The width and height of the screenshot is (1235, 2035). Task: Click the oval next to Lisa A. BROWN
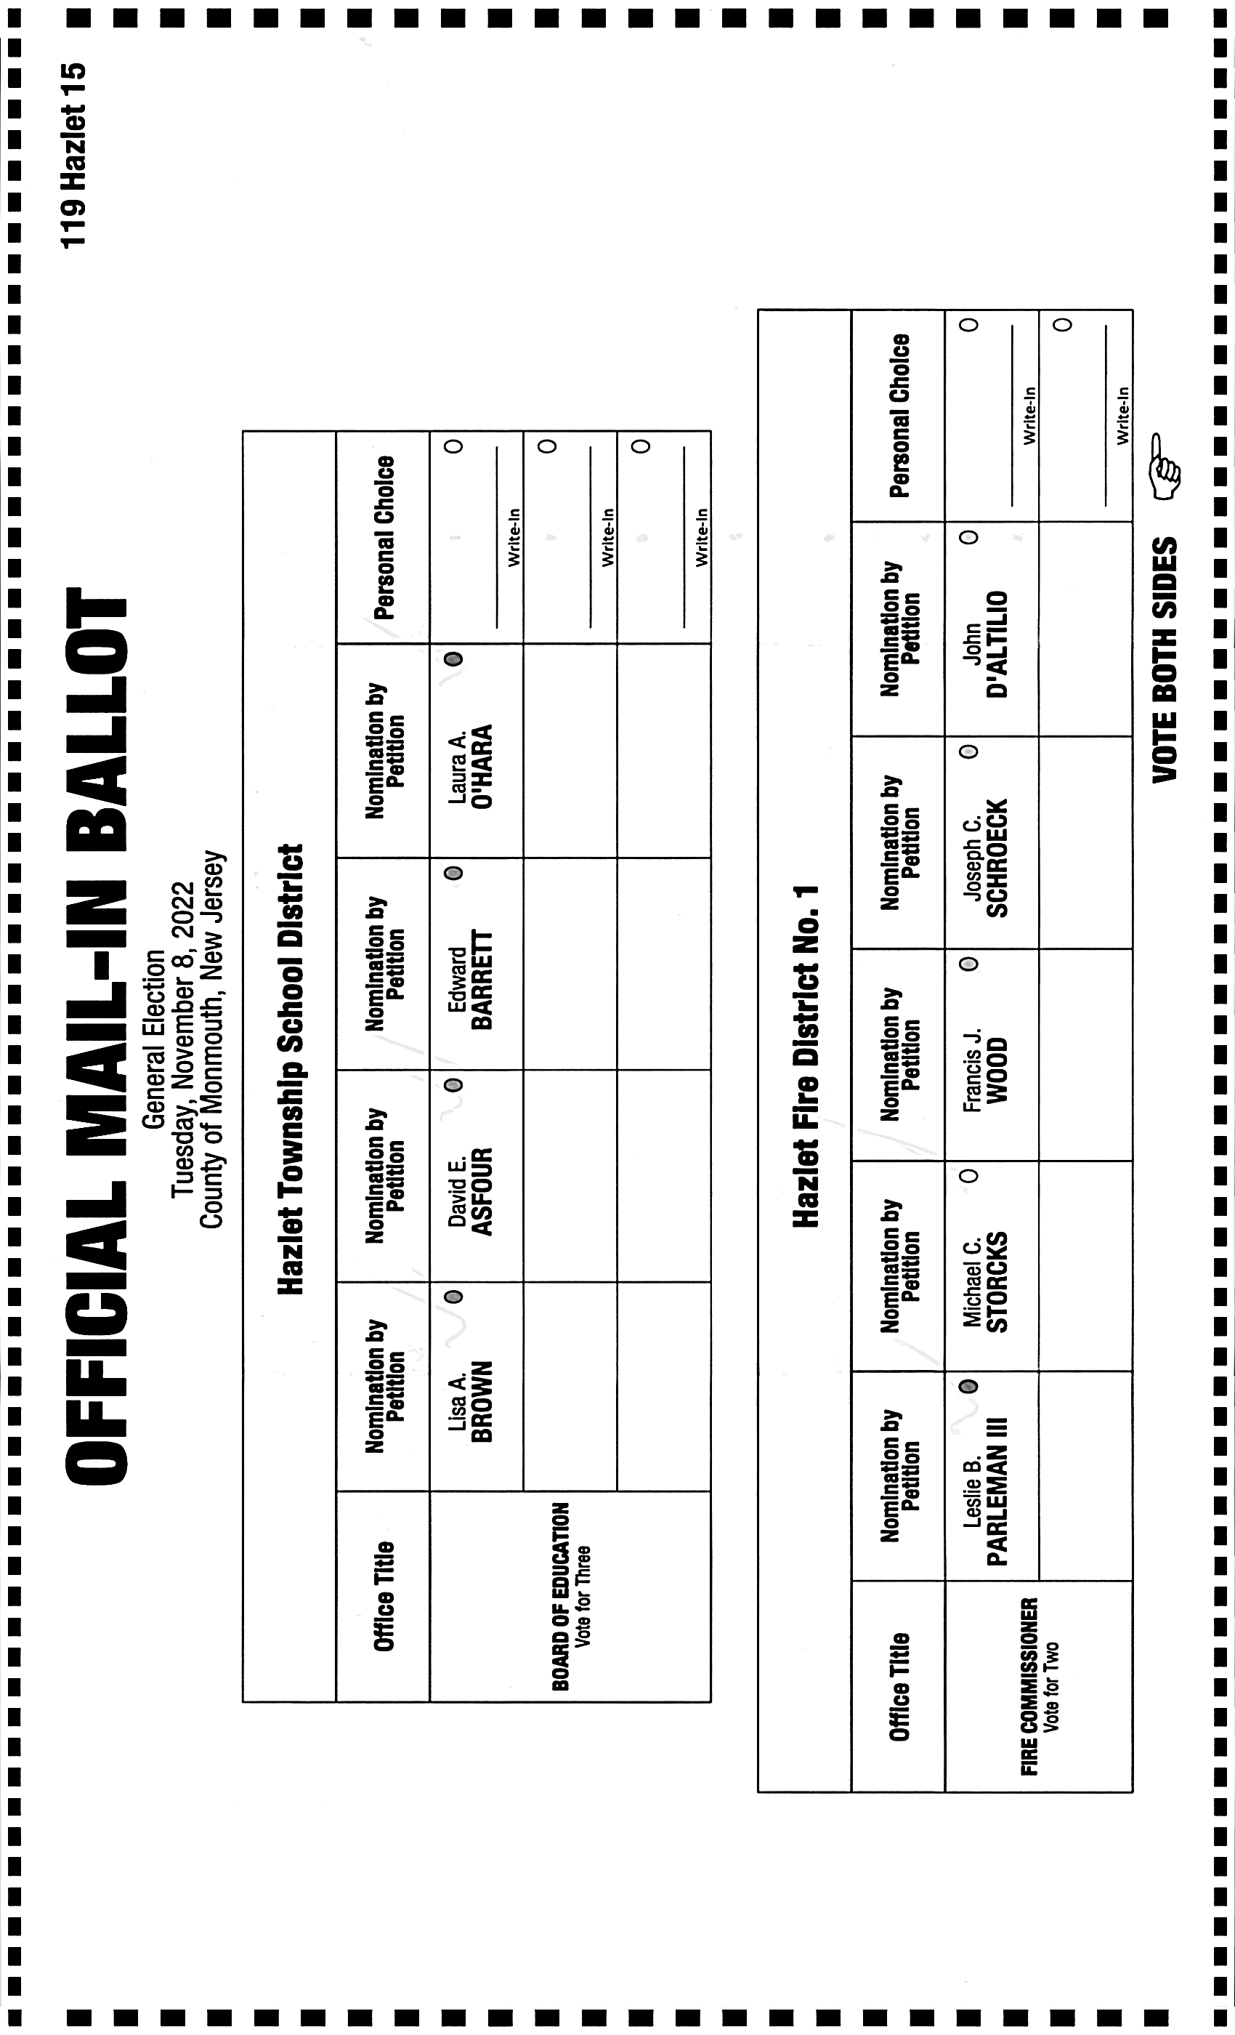coord(453,1297)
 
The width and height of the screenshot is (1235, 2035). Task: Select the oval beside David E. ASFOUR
coord(453,1085)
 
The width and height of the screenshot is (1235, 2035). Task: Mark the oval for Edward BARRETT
coord(453,873)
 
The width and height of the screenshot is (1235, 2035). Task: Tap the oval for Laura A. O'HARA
coord(453,659)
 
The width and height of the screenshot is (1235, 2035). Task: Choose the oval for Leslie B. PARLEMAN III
coord(969,1386)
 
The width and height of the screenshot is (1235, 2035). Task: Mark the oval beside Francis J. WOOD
coord(969,964)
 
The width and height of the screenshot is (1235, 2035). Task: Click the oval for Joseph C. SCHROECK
coord(969,751)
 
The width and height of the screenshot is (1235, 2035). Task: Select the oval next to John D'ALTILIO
coord(969,538)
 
